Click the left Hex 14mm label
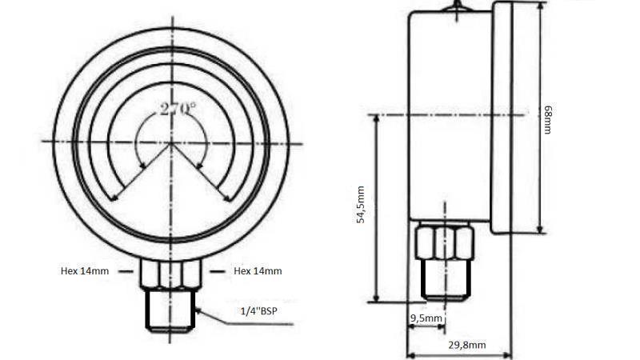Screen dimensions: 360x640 [x=84, y=271]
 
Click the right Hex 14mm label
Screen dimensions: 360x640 [x=258, y=271]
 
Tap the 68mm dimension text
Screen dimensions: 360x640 [x=548, y=118]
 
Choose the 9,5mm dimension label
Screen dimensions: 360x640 [x=426, y=318]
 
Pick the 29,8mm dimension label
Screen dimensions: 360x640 [x=466, y=345]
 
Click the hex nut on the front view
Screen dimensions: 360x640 [x=170, y=274]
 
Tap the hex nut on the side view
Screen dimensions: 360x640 [x=445, y=242]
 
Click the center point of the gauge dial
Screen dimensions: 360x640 [x=170, y=142]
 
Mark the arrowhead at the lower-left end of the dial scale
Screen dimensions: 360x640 [x=114, y=198]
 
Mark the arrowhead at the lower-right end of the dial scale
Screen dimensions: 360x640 [x=227, y=198]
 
